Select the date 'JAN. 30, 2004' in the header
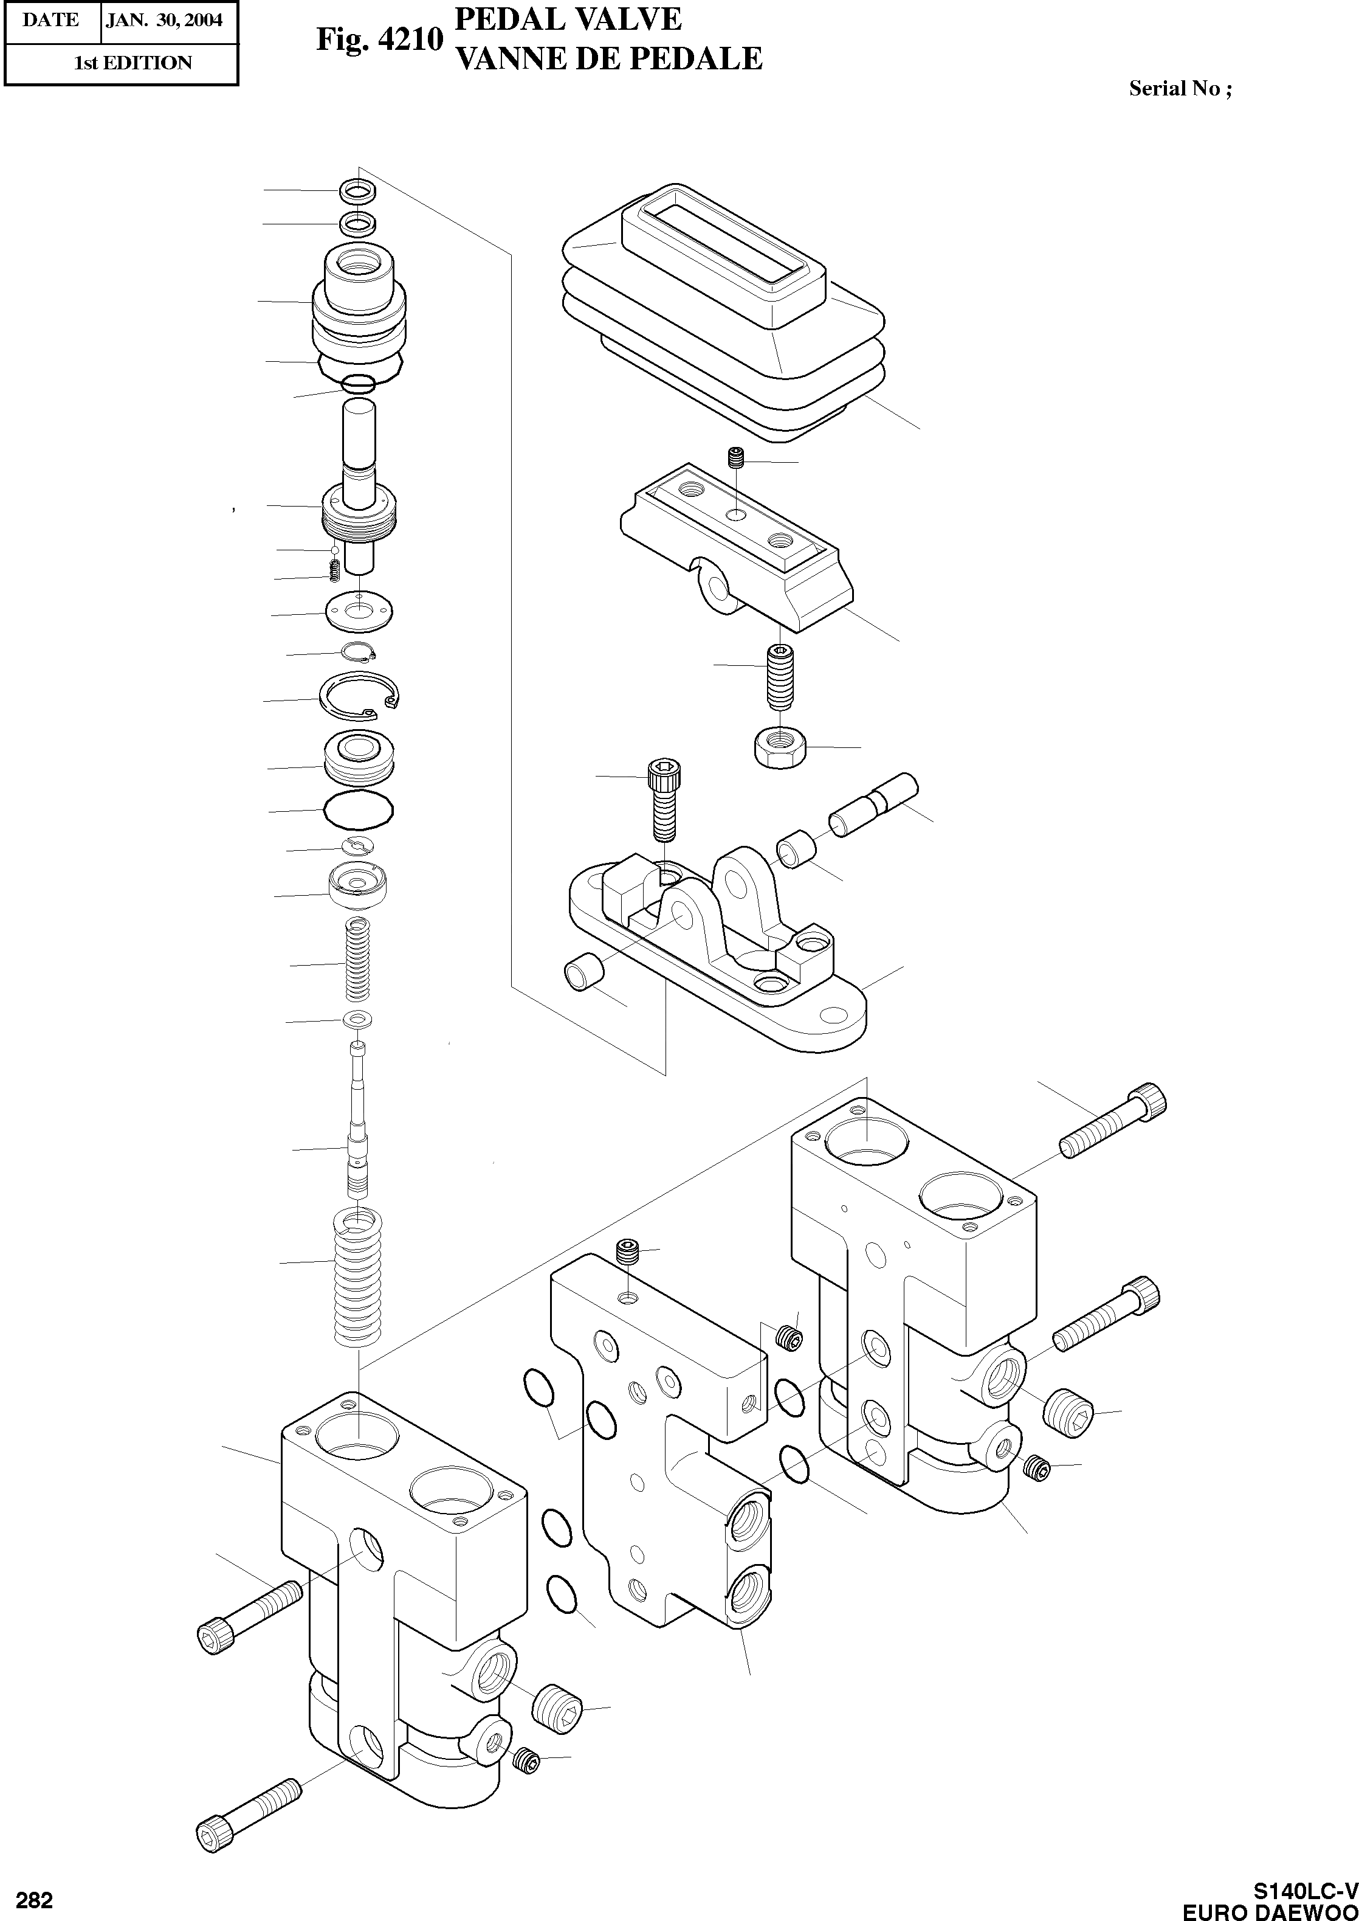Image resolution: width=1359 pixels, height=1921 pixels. pyautogui.click(x=164, y=20)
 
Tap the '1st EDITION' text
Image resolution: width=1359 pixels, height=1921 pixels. pyautogui.click(x=133, y=63)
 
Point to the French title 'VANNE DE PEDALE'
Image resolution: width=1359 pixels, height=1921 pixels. pyautogui.click(x=608, y=58)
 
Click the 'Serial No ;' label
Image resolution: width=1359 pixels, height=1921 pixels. pyautogui.click(x=1180, y=89)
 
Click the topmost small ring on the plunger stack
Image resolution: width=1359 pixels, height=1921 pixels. pyautogui.click(x=357, y=192)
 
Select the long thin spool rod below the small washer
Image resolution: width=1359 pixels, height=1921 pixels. pyautogui.click(x=358, y=1121)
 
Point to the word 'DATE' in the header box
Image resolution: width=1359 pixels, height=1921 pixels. pyautogui.click(x=50, y=20)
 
